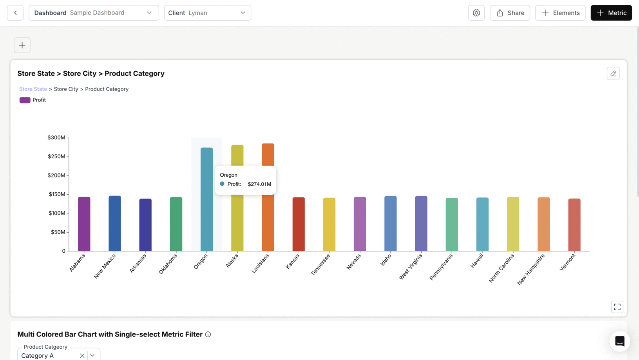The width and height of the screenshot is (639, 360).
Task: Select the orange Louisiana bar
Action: click(268, 223)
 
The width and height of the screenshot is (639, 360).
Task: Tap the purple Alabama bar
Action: click(84, 224)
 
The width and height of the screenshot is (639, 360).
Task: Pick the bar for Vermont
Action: click(574, 225)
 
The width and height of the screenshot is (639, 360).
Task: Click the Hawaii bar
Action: click(482, 224)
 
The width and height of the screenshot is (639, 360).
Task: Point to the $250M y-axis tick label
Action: click(56, 156)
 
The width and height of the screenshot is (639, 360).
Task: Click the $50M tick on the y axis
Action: click(58, 232)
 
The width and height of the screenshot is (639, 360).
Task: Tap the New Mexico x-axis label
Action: click(105, 266)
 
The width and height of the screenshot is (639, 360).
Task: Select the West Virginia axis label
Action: click(411, 266)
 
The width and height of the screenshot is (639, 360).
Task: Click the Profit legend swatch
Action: click(25, 100)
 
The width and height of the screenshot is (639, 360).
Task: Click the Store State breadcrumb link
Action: click(33, 89)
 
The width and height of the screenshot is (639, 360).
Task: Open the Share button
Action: click(510, 13)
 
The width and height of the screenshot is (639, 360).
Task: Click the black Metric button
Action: click(611, 13)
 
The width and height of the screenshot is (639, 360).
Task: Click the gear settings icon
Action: click(476, 13)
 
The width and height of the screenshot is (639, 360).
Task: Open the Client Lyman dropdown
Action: click(207, 13)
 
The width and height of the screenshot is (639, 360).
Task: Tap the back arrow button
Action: click(15, 13)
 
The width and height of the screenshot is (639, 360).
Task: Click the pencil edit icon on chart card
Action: click(613, 74)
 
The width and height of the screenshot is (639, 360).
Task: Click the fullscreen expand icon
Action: click(617, 307)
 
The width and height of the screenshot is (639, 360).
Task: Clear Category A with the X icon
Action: click(82, 356)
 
